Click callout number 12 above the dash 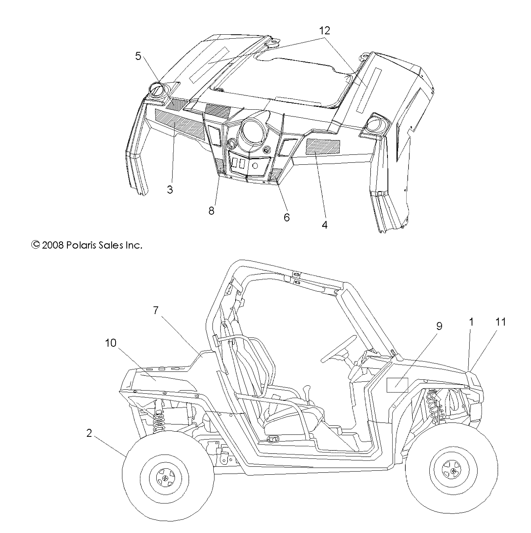point(324,30)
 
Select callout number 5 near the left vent point(138,56)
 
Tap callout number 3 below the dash point(170,190)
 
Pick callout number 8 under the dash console point(211,210)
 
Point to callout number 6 point(286,217)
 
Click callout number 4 point(324,225)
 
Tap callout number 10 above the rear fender point(110,343)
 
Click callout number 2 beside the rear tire point(89,433)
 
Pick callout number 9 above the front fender point(439,326)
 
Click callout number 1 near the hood point(471,322)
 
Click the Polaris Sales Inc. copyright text point(87,245)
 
